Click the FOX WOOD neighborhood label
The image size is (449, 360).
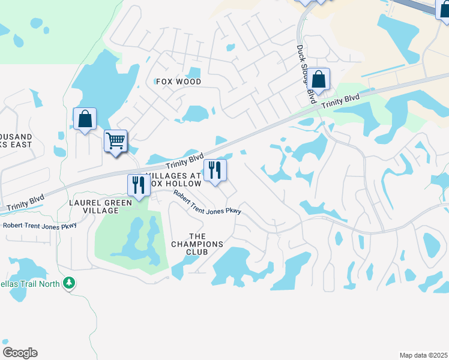(x=178, y=82)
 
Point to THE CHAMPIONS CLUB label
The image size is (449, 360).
(x=197, y=244)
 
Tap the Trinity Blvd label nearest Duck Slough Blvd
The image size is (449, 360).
(x=340, y=100)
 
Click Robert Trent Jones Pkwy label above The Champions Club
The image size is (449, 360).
(x=208, y=203)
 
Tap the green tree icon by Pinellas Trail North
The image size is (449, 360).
(x=70, y=283)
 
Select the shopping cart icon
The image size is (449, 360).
(x=115, y=142)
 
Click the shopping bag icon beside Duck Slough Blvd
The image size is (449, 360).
(x=319, y=79)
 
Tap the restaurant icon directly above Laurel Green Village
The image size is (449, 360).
(x=139, y=185)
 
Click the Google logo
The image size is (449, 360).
(x=20, y=352)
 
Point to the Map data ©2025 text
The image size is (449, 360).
(x=423, y=355)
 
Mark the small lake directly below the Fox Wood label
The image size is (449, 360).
(x=195, y=113)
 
